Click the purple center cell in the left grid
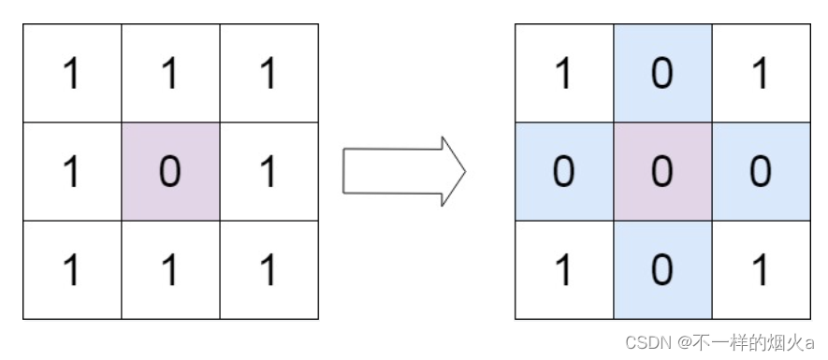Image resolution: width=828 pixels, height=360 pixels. tap(170, 172)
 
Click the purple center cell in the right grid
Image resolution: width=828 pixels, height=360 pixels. tap(662, 172)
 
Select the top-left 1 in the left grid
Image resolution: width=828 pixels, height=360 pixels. tap(71, 74)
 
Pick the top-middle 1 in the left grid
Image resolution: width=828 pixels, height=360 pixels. tap(170, 74)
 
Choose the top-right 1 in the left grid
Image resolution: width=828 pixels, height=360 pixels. tap(269, 74)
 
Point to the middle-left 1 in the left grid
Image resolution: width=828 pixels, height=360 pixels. tap(71, 172)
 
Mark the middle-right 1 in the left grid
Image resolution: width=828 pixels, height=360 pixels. tap(269, 172)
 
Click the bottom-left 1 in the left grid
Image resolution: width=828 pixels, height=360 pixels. tap(71, 270)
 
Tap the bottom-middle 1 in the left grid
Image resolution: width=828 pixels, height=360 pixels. tap(170, 270)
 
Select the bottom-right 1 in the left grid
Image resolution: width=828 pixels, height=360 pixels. tap(269, 270)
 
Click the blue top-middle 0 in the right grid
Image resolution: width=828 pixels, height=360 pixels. tap(662, 74)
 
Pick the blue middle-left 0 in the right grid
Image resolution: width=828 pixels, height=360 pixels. tap(563, 172)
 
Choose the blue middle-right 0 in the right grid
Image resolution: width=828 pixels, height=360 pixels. tap(761, 172)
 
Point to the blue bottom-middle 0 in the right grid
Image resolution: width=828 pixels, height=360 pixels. tap(662, 270)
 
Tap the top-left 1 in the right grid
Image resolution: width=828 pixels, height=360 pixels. tap(563, 74)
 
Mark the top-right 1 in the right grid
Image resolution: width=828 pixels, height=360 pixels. tap(761, 74)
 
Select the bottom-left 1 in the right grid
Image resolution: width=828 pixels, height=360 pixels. tap(563, 270)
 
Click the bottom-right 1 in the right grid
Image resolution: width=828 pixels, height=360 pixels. tap(761, 270)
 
